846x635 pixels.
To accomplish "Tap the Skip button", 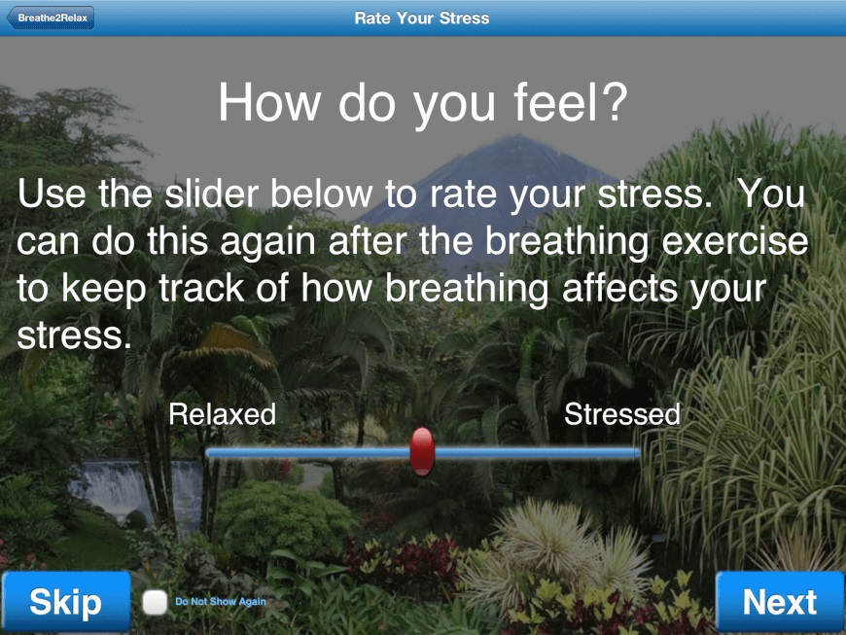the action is click(x=66, y=602).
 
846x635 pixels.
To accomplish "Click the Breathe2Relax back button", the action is click(x=51, y=18).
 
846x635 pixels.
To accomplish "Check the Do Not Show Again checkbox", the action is click(x=155, y=602).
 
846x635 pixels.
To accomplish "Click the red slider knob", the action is click(x=422, y=452).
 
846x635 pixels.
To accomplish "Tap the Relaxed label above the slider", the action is click(x=223, y=414).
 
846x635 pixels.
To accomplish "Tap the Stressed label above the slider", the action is click(x=622, y=414).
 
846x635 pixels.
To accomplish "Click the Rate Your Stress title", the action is click(x=422, y=18).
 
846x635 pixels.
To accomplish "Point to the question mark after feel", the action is click(x=615, y=101).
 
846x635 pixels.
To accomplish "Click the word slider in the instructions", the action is click(x=216, y=194).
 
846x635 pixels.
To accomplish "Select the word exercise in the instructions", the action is click(x=734, y=241).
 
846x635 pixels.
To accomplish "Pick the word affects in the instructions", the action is click(x=620, y=288).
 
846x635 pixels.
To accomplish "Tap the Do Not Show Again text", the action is click(x=221, y=602).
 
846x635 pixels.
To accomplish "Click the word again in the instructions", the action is click(x=268, y=242).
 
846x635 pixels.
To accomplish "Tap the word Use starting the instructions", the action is click(x=52, y=194).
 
